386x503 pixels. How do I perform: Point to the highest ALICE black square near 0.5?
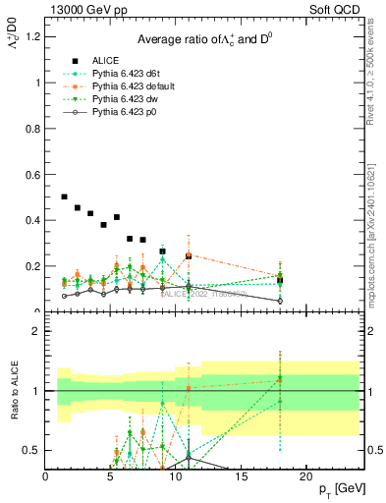tap(65, 197)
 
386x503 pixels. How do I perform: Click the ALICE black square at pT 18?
tap(280, 280)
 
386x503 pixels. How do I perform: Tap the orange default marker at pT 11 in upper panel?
tap(189, 255)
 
